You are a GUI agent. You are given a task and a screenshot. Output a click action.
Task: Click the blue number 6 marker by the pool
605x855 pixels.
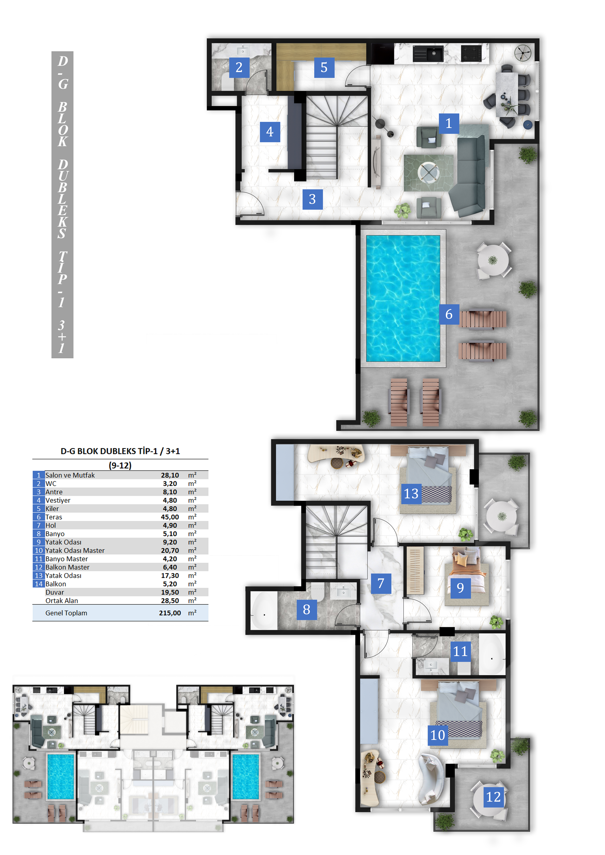tap(449, 314)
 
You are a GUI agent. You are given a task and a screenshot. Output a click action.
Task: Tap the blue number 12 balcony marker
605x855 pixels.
tap(493, 797)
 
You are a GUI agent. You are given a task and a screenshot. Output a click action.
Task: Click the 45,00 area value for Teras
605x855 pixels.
tap(170, 517)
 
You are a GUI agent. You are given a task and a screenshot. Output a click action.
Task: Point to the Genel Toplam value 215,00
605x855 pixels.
tap(170, 613)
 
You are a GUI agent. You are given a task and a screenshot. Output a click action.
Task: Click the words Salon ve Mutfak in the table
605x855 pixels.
tap(70, 475)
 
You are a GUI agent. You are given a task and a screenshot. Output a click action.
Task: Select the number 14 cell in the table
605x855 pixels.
tap(39, 584)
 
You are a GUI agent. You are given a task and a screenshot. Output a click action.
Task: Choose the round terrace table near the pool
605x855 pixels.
tap(493, 260)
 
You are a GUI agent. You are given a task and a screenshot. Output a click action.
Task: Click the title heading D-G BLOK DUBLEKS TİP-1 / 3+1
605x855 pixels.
tap(120, 451)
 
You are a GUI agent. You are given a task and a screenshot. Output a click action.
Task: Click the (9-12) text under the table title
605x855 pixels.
tap(120, 465)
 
